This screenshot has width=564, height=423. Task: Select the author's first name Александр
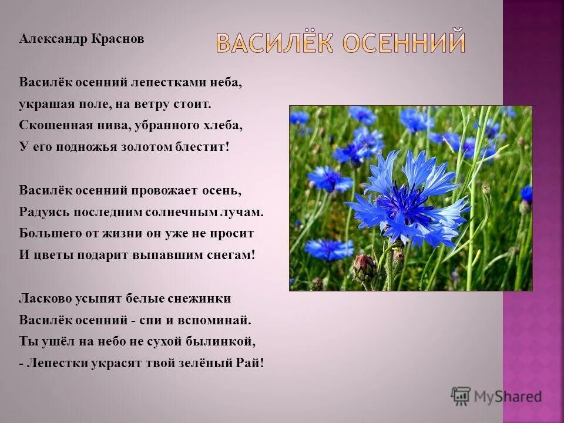53,39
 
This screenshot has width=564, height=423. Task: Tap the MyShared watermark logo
496,397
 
